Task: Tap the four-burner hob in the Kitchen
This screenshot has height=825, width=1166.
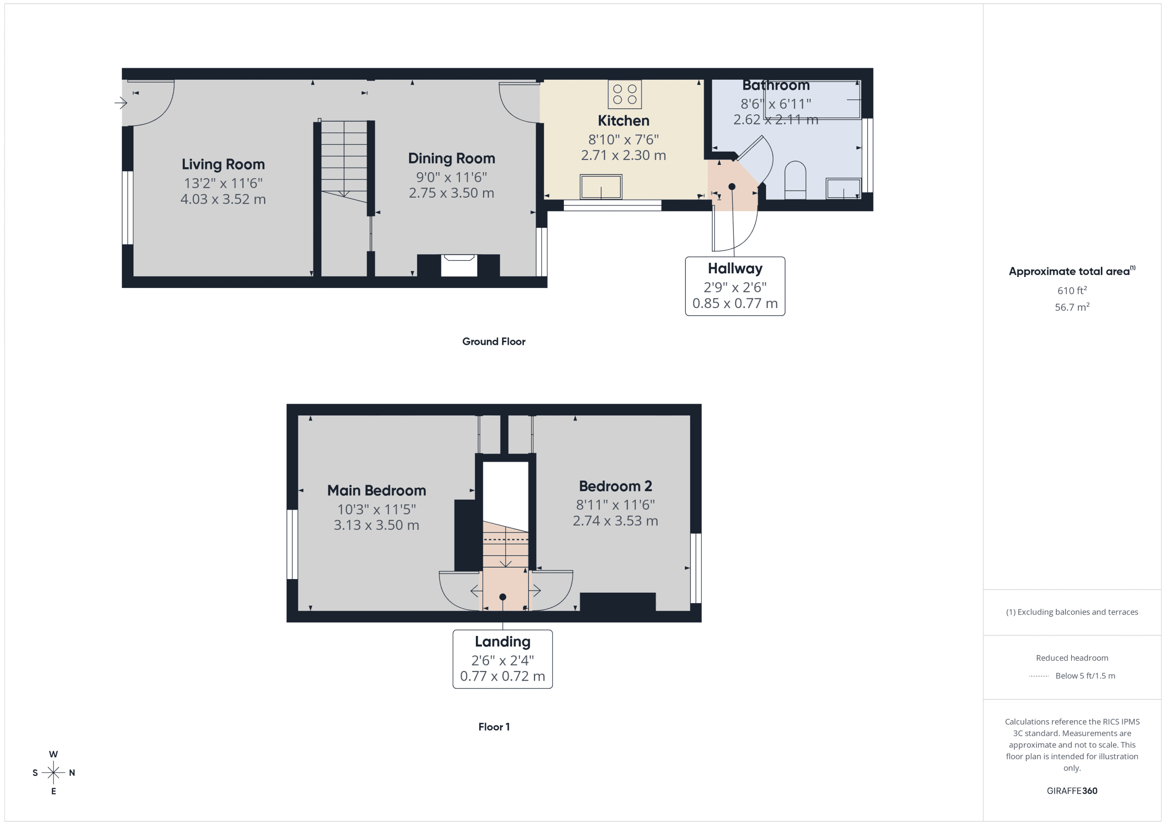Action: click(x=624, y=94)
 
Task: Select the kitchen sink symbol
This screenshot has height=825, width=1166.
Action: click(x=601, y=187)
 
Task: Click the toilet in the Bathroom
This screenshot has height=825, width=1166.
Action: click(x=795, y=180)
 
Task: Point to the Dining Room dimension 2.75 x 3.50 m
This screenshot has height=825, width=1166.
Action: click(x=451, y=193)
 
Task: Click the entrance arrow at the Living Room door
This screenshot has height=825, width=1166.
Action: click(x=121, y=103)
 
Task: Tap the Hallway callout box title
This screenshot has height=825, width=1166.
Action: click(x=734, y=268)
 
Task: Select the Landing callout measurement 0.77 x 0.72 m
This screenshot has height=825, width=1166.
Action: click(x=502, y=676)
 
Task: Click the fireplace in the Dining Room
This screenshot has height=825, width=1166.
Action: click(x=459, y=266)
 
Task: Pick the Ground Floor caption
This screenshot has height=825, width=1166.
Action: click(x=493, y=341)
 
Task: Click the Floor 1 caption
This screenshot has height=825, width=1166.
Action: click(x=494, y=727)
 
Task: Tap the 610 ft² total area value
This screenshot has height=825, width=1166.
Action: click(x=1072, y=291)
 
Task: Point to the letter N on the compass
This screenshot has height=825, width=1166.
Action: click(x=72, y=773)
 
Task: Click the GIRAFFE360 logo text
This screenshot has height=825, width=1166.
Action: click(x=1072, y=790)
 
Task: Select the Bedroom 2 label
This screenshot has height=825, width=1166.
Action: click(x=615, y=486)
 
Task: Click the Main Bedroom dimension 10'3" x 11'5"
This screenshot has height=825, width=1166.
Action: click(x=376, y=509)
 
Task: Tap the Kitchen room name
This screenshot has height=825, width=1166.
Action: click(x=623, y=121)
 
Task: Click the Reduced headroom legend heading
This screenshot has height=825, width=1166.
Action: click(x=1072, y=658)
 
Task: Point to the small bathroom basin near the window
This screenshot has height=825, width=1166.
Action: click(x=843, y=189)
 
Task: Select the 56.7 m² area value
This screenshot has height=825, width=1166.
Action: click(x=1072, y=307)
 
